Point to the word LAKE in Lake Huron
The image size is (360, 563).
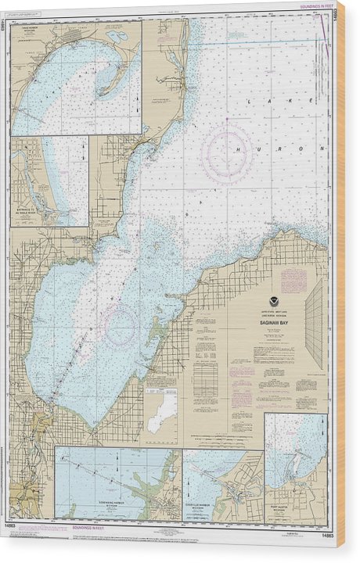click(266, 101)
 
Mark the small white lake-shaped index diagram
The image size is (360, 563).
click(162, 411)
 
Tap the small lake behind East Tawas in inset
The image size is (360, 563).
click(117, 36)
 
